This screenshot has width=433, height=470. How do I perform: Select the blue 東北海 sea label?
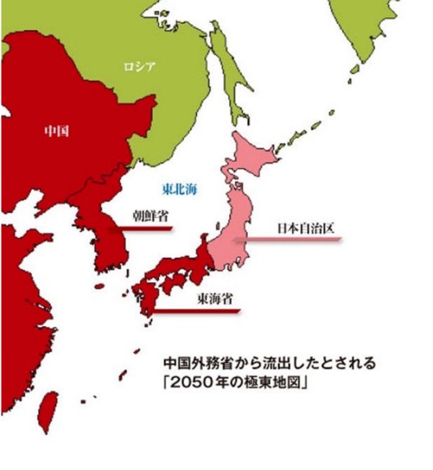[x=179, y=189]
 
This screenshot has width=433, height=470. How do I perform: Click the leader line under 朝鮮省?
[x=142, y=229]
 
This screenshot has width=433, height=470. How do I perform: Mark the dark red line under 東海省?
[x=197, y=312]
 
